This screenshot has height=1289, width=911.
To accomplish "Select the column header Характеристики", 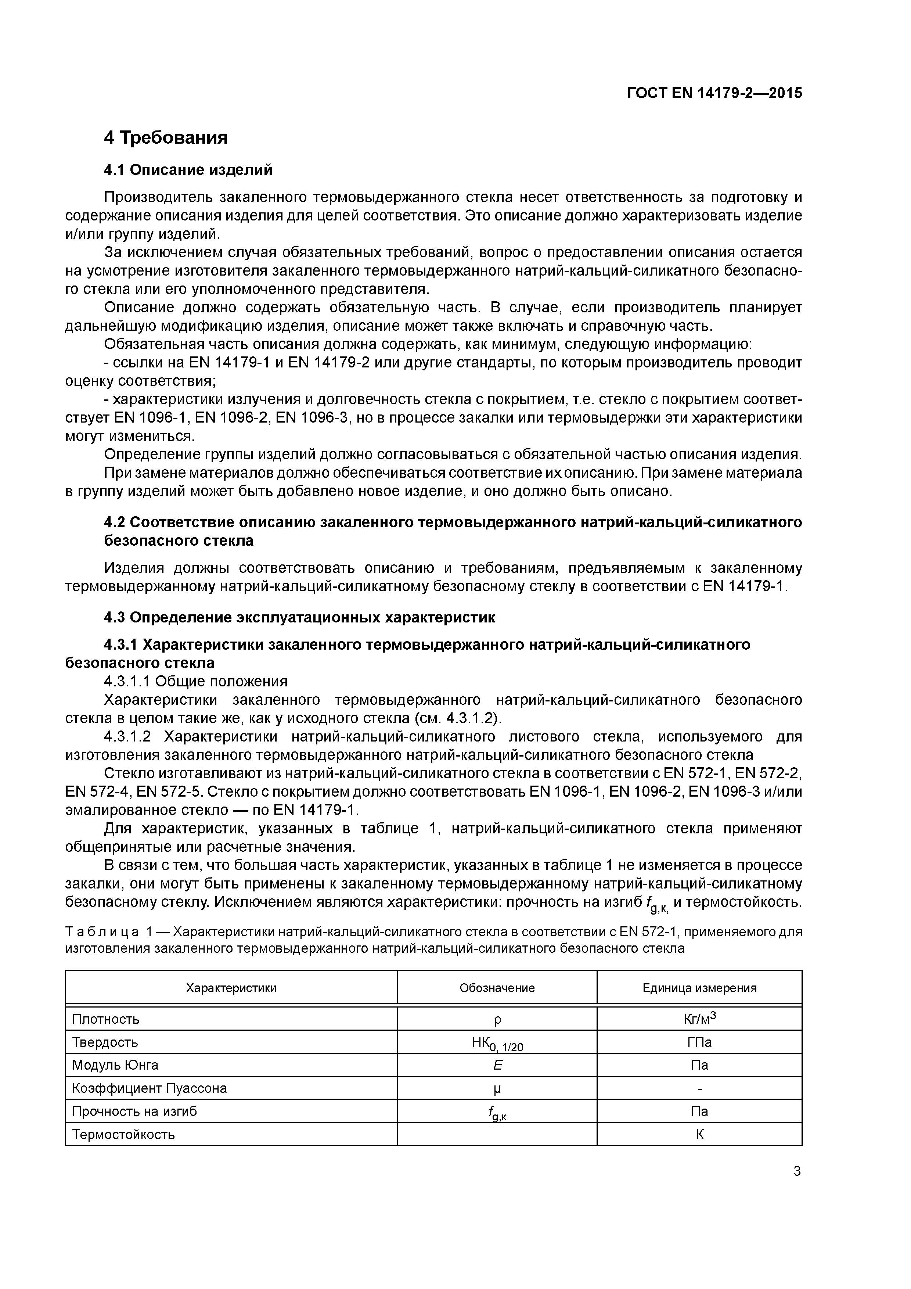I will [231, 988].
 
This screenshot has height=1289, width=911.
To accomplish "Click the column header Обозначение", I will [497, 988].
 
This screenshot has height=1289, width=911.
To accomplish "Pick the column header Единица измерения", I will [699, 988].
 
